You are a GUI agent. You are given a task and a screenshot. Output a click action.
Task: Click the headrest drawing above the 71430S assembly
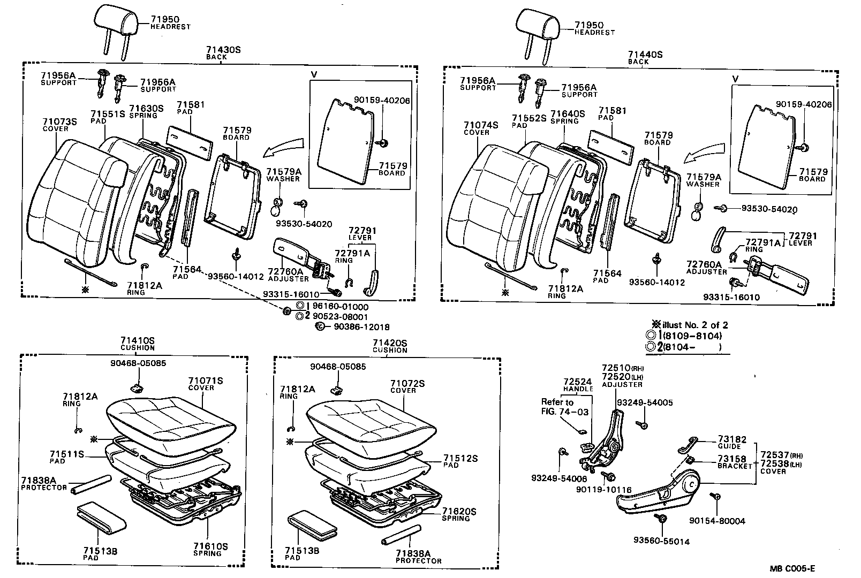click(x=116, y=21)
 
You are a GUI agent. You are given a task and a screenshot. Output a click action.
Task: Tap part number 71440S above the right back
click(x=645, y=55)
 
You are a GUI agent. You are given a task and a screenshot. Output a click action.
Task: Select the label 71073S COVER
click(x=59, y=125)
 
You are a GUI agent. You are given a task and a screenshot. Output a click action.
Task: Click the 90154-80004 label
click(x=717, y=520)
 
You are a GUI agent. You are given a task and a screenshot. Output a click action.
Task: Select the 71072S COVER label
click(x=407, y=386)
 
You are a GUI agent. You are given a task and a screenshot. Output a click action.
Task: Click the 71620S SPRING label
click(x=459, y=514)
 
